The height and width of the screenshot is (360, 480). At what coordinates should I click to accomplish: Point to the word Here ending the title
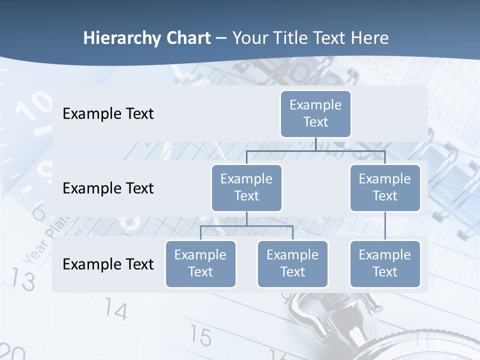point(370,38)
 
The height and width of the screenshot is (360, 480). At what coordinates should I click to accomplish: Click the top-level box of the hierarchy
point(315,113)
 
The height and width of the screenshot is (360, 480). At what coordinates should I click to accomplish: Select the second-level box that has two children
point(246,187)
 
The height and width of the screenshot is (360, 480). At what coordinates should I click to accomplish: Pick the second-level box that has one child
point(385,187)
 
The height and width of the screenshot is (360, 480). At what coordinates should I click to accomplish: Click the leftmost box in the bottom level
point(200,263)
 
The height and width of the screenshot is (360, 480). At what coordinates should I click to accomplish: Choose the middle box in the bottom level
point(292,263)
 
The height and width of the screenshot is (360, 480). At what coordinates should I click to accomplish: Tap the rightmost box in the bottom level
point(385,263)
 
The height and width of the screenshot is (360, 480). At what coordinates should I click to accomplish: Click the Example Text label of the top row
point(108,113)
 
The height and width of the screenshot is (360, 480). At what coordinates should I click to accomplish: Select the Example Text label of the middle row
point(108,188)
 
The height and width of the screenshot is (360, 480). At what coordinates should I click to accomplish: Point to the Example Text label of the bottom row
point(108,264)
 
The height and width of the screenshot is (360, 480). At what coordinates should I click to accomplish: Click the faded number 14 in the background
point(116,311)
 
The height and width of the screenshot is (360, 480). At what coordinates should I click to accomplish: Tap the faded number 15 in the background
point(200,336)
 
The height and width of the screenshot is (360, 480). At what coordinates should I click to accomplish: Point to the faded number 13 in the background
point(23,279)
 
